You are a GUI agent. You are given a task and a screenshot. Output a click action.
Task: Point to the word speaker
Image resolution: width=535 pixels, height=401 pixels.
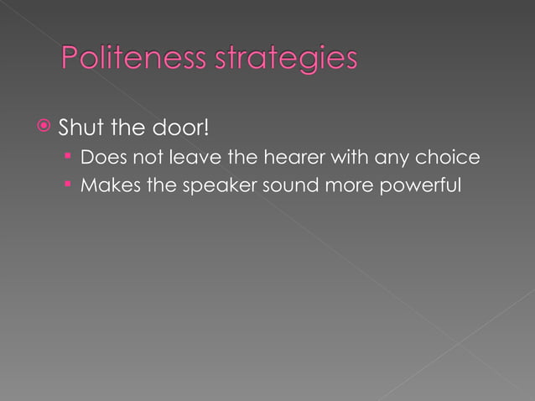coord(222,185)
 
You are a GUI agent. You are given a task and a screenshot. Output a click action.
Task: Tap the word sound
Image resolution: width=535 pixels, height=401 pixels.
coord(287,185)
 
